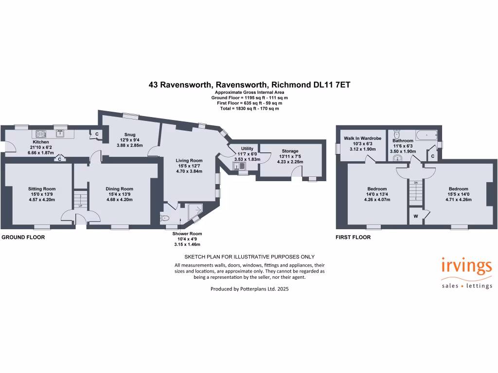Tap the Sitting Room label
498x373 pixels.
42,189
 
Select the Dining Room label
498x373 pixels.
119,189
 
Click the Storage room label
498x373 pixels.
290,151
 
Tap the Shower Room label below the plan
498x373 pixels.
187,234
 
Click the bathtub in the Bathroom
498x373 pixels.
426,135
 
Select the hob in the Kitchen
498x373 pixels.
39,133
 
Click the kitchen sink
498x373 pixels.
60,133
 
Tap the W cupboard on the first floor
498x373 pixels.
416,216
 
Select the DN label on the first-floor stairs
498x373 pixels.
415,182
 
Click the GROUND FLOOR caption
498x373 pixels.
23,237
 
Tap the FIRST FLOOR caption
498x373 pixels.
353,237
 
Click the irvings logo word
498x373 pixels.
467,267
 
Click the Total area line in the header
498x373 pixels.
249,109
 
